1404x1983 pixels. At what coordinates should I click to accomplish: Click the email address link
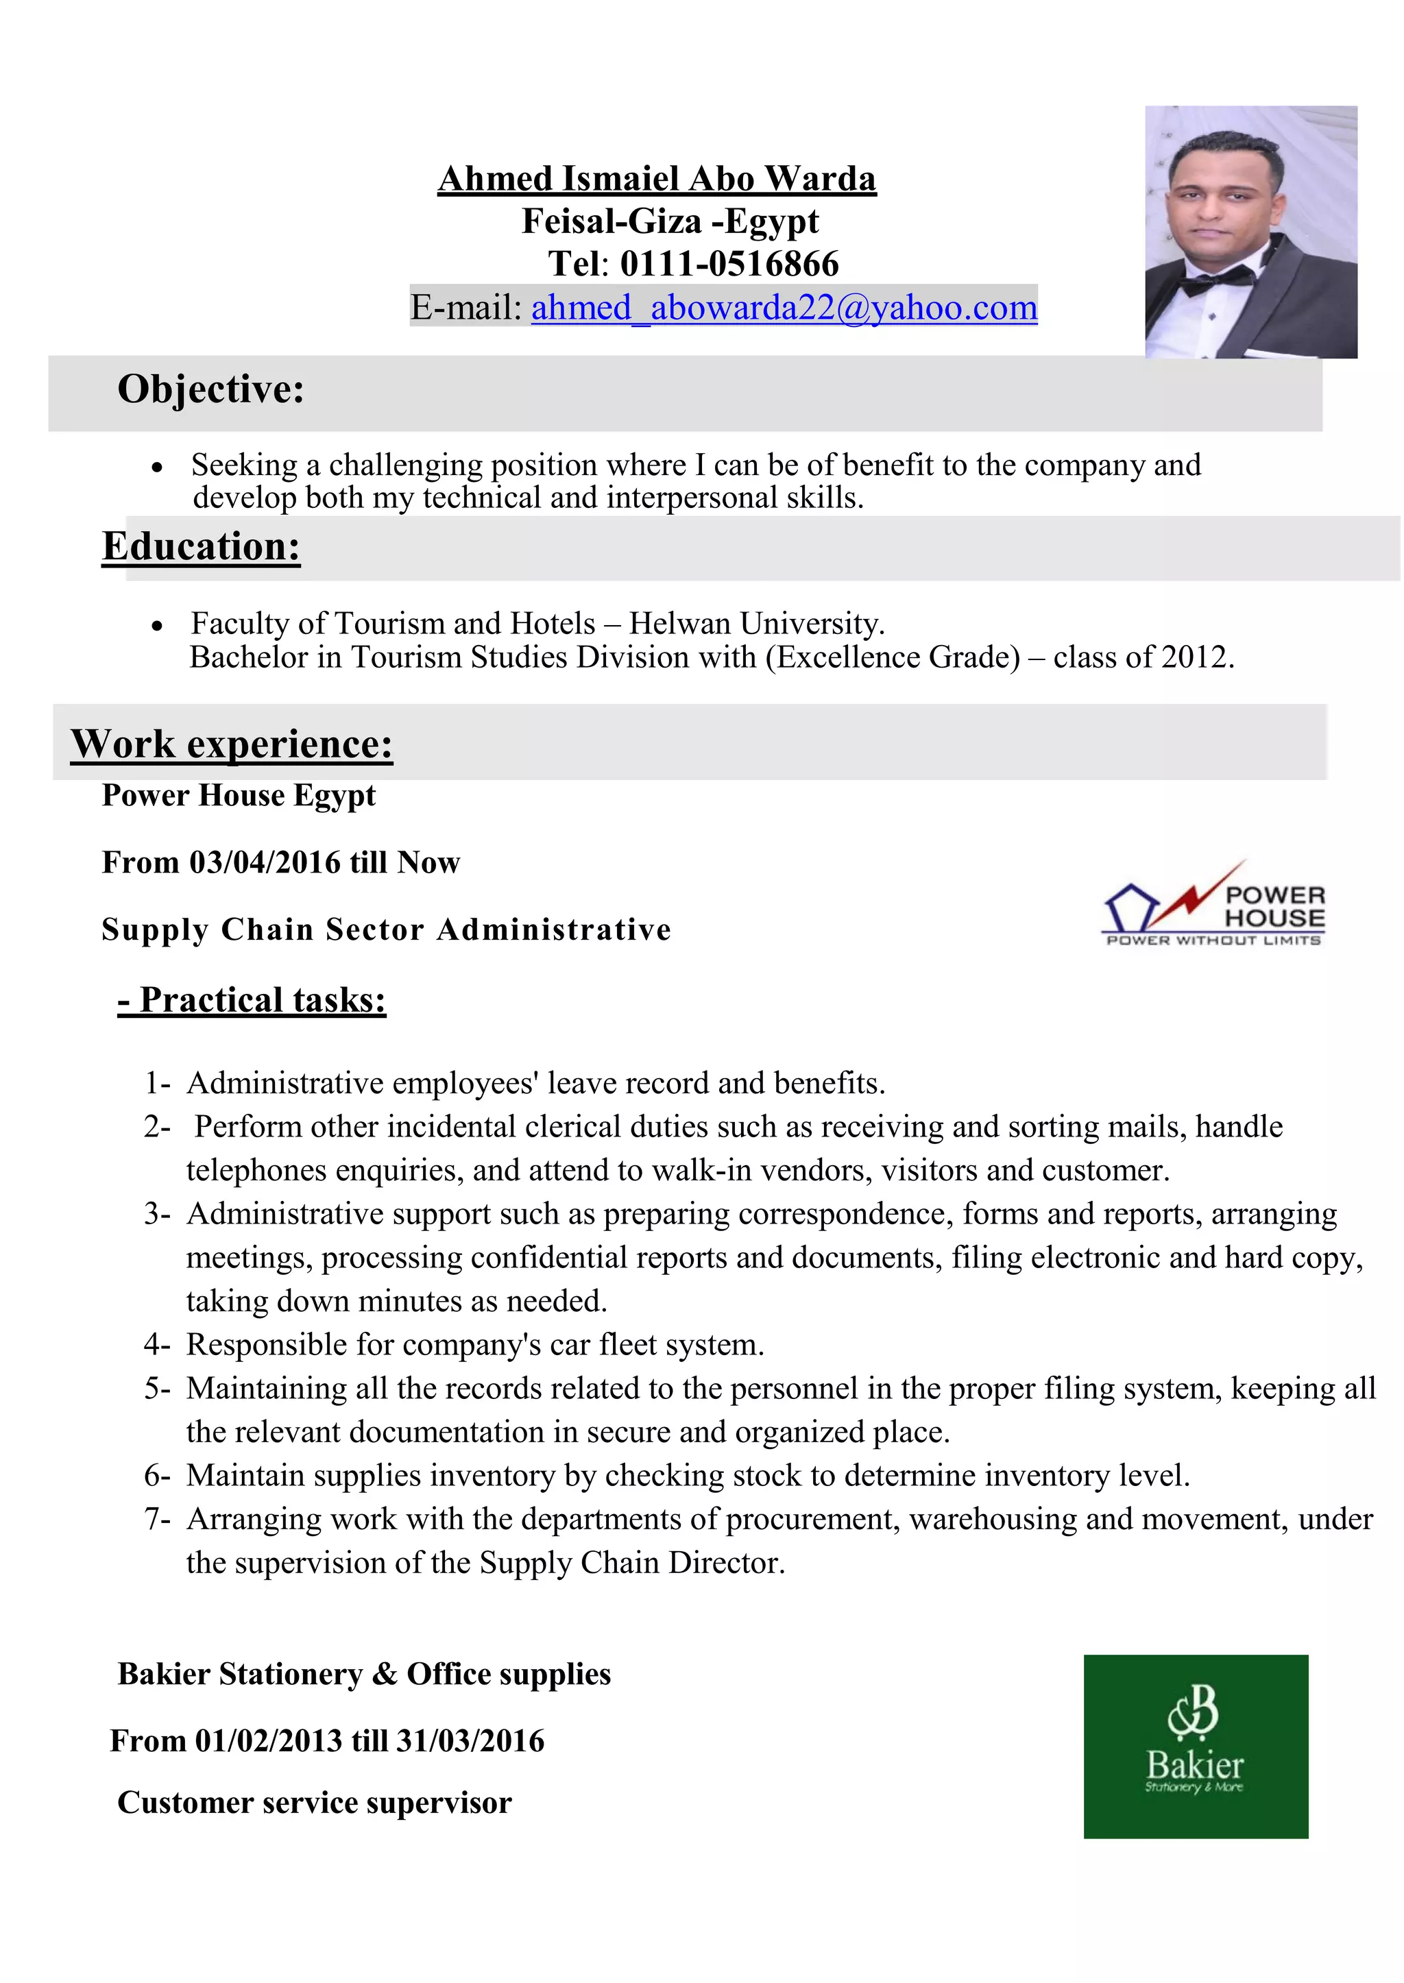784,308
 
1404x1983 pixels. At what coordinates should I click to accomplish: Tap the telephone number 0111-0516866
729,264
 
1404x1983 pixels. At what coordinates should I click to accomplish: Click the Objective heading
211,389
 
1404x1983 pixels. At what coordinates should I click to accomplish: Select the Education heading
201,546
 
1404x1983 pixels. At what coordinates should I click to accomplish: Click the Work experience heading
232,744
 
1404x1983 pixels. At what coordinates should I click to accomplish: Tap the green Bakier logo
1195,1746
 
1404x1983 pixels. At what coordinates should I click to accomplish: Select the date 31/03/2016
470,1740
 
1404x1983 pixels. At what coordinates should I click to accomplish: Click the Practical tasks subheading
252,1000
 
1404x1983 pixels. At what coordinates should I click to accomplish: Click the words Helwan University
755,623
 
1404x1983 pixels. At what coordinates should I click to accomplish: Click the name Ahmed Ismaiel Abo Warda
656,179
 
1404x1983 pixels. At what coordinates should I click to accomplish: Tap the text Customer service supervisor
315,1802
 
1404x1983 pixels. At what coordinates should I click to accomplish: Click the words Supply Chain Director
631,1563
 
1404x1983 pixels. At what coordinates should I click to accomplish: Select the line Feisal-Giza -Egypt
669,221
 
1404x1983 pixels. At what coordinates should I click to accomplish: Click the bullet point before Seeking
156,467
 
